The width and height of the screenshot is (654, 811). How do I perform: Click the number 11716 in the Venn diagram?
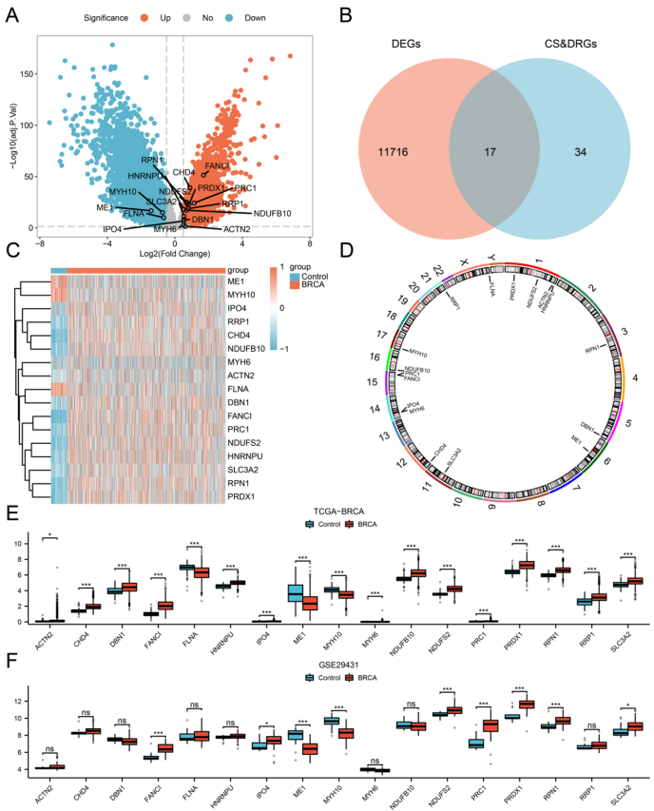(379, 151)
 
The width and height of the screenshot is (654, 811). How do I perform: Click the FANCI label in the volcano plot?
(220, 166)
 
